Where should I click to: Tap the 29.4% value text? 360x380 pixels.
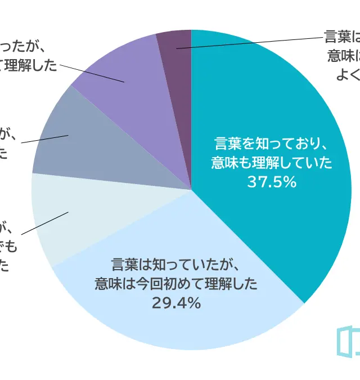click(x=176, y=303)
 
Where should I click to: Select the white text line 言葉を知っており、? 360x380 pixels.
click(x=272, y=143)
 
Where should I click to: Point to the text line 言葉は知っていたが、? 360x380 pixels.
click(x=176, y=263)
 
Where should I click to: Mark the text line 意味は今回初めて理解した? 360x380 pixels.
click(x=176, y=283)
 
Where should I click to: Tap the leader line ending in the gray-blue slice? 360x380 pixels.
click(x=45, y=139)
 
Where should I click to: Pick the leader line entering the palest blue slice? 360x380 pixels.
click(x=45, y=223)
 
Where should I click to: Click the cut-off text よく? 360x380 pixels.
click(x=348, y=74)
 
